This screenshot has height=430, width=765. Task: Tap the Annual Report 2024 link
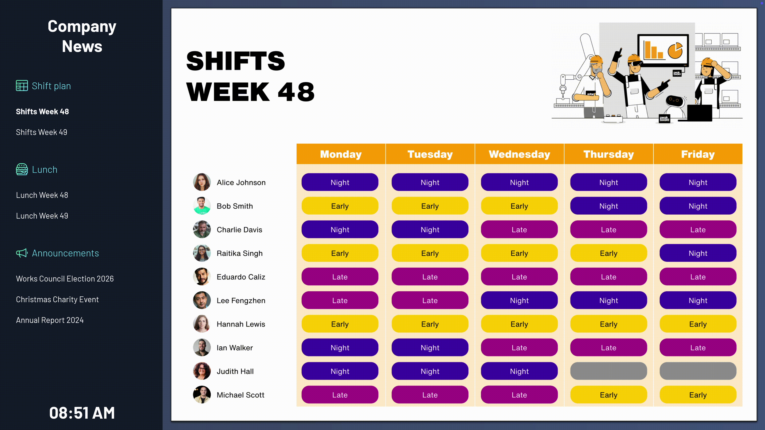pos(50,320)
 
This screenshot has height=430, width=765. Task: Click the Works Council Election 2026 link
pos(65,279)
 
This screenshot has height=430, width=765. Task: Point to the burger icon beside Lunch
pos(22,169)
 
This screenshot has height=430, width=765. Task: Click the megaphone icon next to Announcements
pos(22,253)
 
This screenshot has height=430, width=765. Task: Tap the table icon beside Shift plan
pos(22,86)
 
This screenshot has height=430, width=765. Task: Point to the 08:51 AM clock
pos(82,413)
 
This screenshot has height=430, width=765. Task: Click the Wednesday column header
pos(519,154)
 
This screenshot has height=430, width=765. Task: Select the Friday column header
pos(698,154)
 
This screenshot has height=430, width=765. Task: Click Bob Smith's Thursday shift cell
pos(608,206)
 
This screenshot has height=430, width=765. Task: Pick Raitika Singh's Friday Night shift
pos(698,253)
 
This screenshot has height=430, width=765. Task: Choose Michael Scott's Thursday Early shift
pos(608,395)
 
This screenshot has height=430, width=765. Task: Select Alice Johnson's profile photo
pos(202,182)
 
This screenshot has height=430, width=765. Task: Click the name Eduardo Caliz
pos(241,277)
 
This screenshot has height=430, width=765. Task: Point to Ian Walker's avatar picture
pos(202,348)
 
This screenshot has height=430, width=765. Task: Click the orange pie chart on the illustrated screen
pos(675,50)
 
